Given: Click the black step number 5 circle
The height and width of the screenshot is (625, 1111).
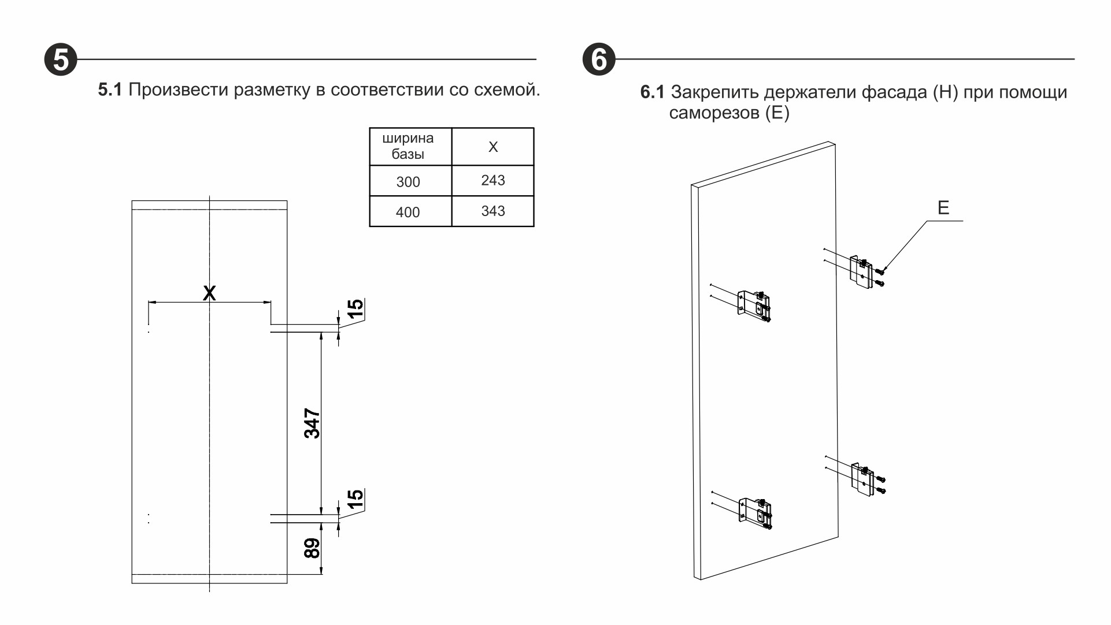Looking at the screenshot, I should tap(61, 59).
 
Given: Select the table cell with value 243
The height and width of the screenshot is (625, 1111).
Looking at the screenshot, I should tap(492, 181).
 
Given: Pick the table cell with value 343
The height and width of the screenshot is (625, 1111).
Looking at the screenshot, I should tap(492, 211).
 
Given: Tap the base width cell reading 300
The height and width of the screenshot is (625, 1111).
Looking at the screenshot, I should tap(408, 182).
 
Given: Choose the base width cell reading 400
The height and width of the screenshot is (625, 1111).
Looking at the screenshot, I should tap(408, 213).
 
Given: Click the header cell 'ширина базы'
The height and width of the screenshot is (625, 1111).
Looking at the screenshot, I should tap(408, 146).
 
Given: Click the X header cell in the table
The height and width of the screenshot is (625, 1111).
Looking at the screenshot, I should tap(492, 147).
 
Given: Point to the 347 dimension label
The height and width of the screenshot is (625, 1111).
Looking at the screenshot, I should tap(312, 423).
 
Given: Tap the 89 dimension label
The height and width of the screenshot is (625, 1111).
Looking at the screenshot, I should tap(312, 548).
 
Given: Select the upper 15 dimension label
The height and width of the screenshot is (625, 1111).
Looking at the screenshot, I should tap(355, 308).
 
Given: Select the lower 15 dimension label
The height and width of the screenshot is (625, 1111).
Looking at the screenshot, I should tap(355, 498).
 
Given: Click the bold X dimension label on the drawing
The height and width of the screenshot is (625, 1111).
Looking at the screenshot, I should tap(209, 293).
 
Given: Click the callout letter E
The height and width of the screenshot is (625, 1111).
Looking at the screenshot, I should tap(943, 208).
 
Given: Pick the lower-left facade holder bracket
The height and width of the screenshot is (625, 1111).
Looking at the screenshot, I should tap(755, 513).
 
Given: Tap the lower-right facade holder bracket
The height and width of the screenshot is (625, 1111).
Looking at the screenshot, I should tap(863, 479).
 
